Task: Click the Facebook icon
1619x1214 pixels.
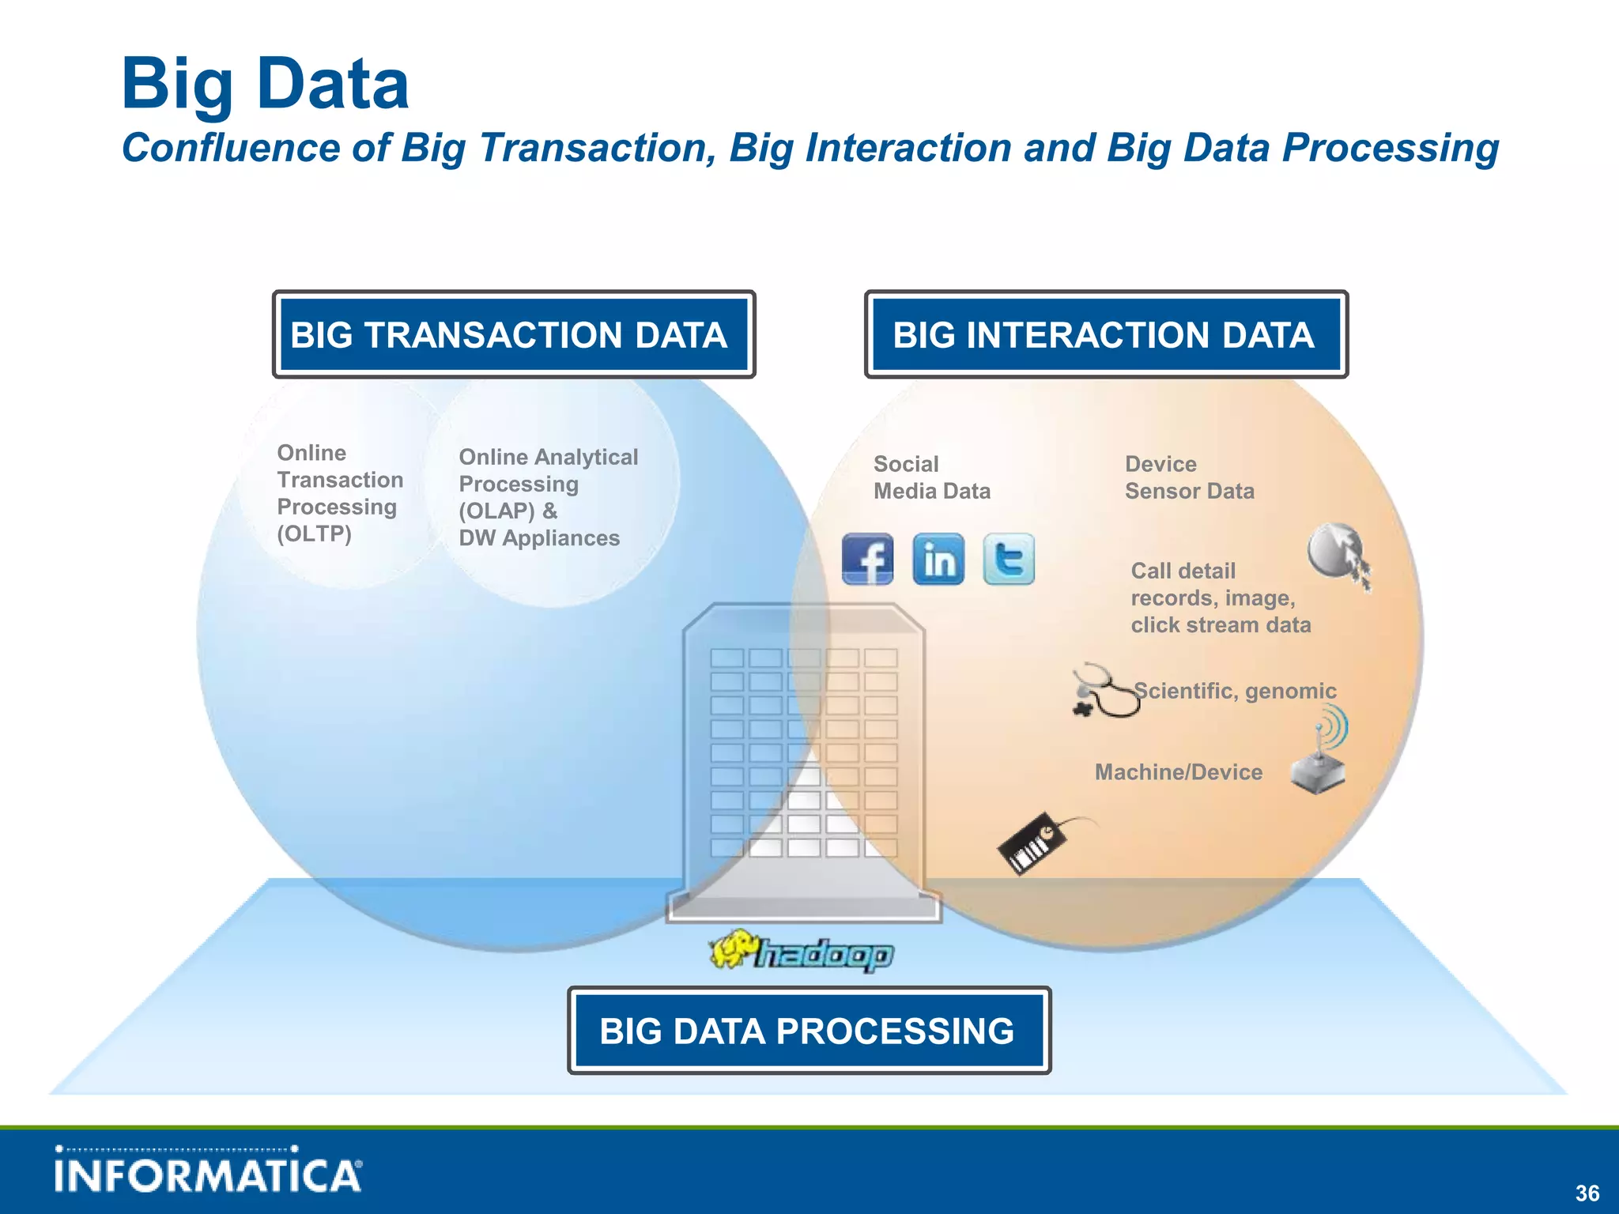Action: (x=867, y=559)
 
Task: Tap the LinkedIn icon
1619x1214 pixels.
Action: (x=938, y=559)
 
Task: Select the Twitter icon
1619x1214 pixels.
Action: (x=1009, y=559)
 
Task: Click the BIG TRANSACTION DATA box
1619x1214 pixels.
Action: (x=514, y=334)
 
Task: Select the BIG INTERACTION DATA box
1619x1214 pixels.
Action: (x=1106, y=334)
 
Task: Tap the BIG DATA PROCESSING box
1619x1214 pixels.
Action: (x=809, y=1031)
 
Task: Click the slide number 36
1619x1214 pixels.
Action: (x=1587, y=1193)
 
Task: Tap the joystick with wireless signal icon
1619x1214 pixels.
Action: (x=1321, y=755)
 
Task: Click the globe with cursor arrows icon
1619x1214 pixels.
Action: (x=1338, y=553)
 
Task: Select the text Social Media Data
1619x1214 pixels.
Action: (x=931, y=477)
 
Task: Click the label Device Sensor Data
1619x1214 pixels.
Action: (x=1189, y=477)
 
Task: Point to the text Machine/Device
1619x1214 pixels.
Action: (x=1178, y=772)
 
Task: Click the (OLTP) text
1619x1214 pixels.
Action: (x=314, y=534)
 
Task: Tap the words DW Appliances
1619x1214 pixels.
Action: (x=539, y=538)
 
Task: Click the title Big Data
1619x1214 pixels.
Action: (x=265, y=84)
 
